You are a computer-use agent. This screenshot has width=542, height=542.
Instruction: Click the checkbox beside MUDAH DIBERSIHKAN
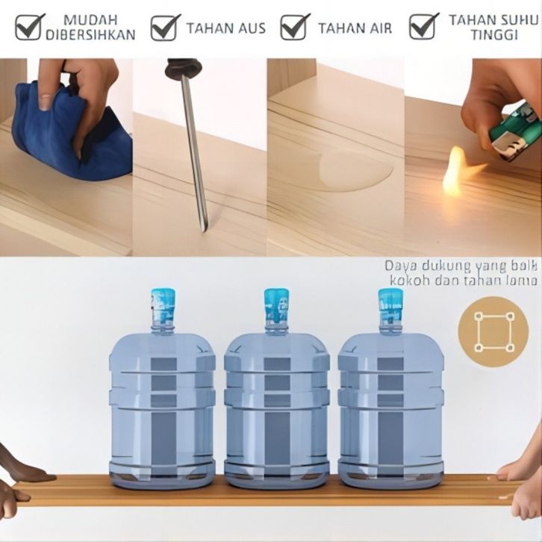click(x=29, y=27)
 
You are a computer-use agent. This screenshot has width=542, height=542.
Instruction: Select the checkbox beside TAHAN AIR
click(x=294, y=27)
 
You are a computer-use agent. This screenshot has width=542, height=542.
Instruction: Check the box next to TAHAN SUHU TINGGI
click(x=423, y=27)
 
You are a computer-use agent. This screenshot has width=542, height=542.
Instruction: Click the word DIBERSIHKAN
click(x=90, y=35)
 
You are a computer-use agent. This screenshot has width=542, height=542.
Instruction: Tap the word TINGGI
click(x=494, y=35)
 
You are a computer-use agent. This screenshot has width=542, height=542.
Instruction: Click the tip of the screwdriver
click(x=204, y=231)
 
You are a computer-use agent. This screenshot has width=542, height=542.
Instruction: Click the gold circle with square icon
click(x=493, y=332)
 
